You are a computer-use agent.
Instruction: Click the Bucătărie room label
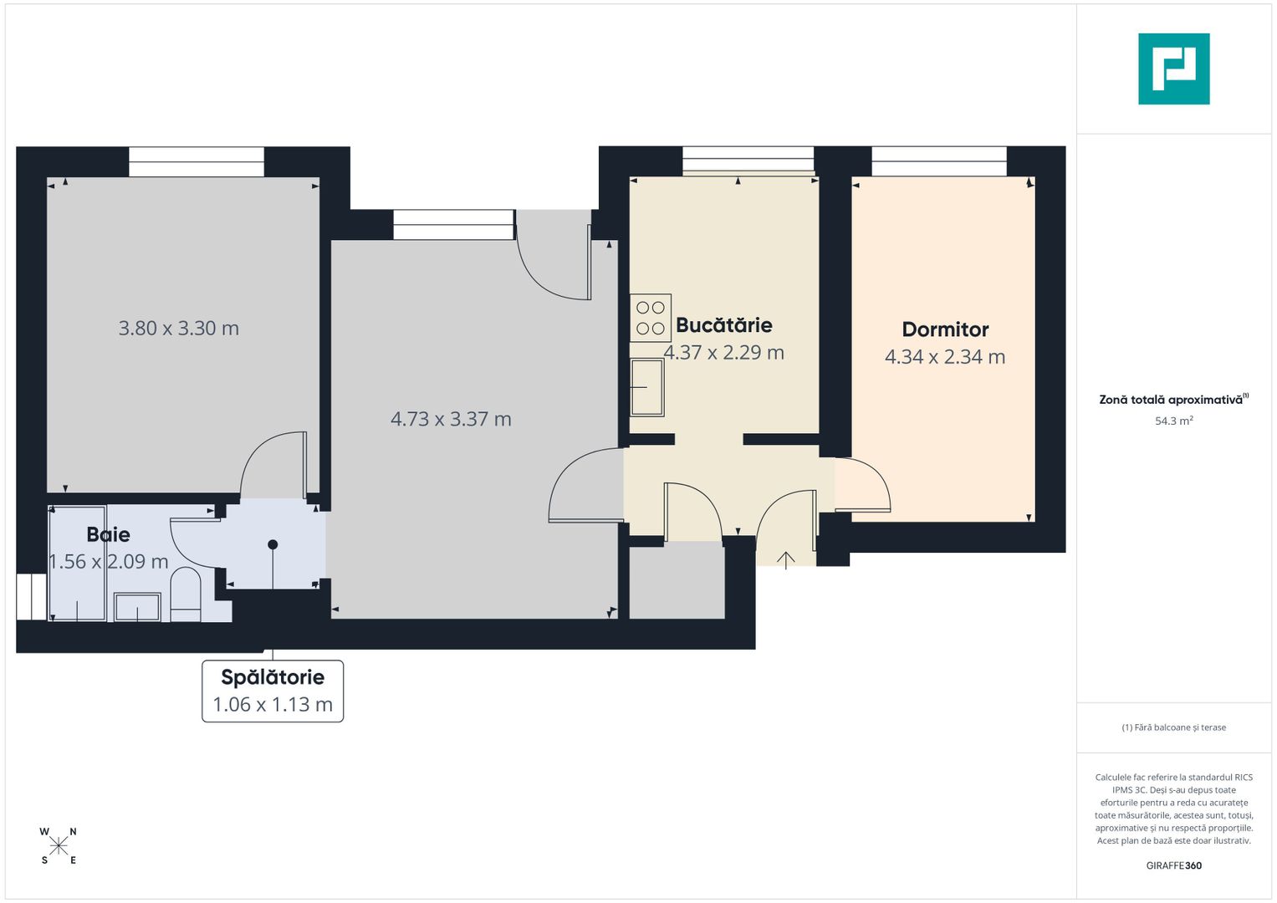(723, 325)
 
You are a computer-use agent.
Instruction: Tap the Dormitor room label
(945, 329)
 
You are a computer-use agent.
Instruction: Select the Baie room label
(109, 534)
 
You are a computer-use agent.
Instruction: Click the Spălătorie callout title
(273, 677)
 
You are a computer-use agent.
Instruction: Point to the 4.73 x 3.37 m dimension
(451, 419)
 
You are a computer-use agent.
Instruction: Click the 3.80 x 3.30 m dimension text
(179, 329)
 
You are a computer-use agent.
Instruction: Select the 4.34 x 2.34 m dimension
(945, 357)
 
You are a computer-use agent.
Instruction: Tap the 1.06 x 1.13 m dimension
(273, 705)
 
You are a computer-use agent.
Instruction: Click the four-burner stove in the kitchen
(651, 318)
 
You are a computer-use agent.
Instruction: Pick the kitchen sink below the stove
(647, 387)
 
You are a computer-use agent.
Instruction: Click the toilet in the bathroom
(186, 595)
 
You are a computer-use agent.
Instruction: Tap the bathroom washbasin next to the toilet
(137, 607)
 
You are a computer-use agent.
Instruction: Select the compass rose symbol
(59, 846)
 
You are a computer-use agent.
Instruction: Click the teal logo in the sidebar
(1173, 69)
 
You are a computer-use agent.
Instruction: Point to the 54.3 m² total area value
(1173, 421)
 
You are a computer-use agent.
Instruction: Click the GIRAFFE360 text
(1173, 865)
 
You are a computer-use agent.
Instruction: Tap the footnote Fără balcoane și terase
(1173, 727)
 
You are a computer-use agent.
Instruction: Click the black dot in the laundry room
(273, 544)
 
